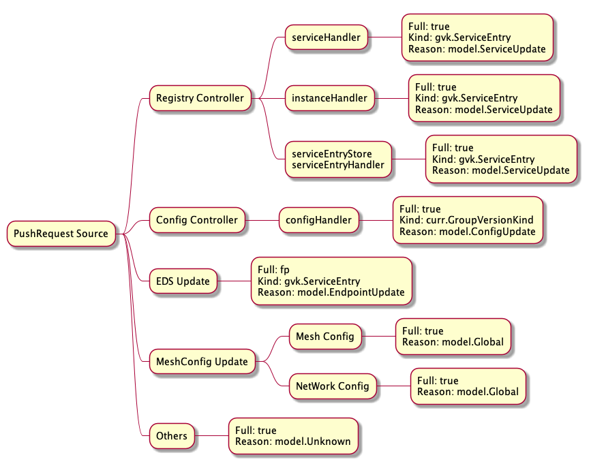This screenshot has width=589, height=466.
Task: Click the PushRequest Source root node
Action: click(61, 234)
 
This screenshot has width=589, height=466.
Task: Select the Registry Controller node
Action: click(200, 98)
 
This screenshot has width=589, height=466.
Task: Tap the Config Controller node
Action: click(197, 220)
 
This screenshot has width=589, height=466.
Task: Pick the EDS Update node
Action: click(183, 281)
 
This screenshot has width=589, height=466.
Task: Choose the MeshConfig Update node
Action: click(202, 361)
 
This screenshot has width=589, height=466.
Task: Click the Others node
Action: click(172, 435)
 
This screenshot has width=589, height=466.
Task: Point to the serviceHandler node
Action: click(327, 37)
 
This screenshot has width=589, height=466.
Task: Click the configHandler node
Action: click(318, 220)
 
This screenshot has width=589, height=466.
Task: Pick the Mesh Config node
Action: click(324, 336)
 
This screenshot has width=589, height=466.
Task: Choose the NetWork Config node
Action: click(332, 386)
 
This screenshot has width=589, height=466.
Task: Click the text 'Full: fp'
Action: click(273, 270)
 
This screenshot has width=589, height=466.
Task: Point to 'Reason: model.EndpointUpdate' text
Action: click(331, 292)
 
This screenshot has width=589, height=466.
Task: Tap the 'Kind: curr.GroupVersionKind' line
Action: click(466, 220)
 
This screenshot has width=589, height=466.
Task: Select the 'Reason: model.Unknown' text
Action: click(292, 441)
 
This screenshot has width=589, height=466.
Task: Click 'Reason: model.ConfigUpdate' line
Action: click(467, 232)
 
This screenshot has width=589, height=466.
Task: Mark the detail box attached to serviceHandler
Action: click(477, 37)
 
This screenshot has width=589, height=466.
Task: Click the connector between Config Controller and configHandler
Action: click(262, 220)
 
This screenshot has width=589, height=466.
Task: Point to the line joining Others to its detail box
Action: click(211, 435)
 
